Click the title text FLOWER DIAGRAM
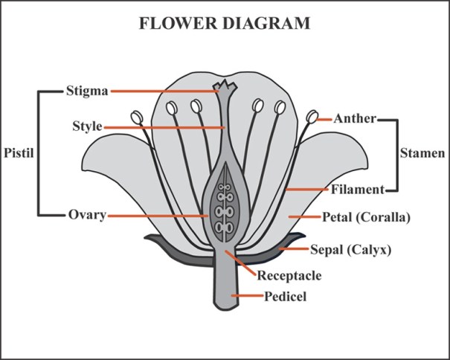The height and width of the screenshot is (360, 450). [225, 23]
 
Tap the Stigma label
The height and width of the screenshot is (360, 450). [87, 91]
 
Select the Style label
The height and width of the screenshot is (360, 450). [88, 126]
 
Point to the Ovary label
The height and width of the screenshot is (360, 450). [87, 215]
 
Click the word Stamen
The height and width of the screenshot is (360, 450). [422, 154]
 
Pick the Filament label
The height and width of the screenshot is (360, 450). [358, 190]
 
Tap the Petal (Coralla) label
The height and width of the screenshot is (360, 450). [366, 218]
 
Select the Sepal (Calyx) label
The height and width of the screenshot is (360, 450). [350, 249]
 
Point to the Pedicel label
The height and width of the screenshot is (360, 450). [286, 297]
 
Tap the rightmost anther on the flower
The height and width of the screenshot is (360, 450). [312, 117]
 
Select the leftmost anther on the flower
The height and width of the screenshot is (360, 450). [136, 117]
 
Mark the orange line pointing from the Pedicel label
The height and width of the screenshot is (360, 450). [246, 297]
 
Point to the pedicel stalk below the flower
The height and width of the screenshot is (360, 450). [224, 290]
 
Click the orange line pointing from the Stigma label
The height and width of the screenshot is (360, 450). [164, 91]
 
